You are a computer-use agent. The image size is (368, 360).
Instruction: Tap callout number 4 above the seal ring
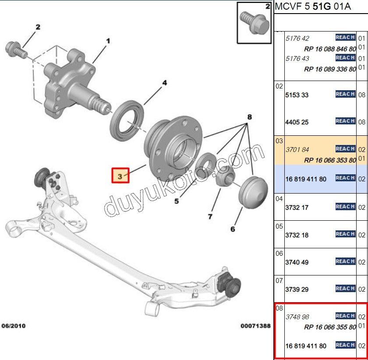164,83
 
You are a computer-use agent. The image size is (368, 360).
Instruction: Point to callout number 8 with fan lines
249,117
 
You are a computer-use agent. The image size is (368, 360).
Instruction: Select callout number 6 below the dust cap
233,229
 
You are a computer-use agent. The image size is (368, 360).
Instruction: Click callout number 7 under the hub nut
210,216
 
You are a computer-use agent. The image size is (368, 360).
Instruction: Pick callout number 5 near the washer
177,201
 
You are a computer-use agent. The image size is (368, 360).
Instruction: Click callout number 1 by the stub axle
108,41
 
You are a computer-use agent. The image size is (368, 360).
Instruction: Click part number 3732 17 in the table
297,208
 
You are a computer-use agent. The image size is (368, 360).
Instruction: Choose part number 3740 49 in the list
297,262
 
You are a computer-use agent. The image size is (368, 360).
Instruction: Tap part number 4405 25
297,122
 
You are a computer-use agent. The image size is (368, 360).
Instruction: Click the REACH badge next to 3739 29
345,288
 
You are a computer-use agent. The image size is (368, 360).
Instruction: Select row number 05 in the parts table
279,226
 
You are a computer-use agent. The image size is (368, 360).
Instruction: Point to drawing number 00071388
255,326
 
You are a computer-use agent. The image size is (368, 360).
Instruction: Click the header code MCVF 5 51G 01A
313,7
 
